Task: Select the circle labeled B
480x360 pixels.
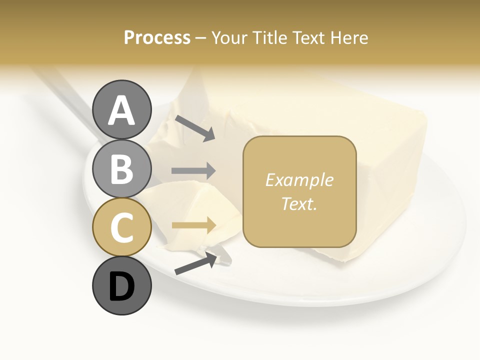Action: [121, 168]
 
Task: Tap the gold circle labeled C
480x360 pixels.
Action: [121, 227]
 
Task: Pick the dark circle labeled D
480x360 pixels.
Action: [121, 286]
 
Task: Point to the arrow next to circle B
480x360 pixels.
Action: [193, 171]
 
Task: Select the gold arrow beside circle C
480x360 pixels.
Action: [193, 225]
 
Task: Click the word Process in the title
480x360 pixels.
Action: [157, 38]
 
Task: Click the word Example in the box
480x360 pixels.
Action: [299, 180]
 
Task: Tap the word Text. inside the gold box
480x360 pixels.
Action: [299, 203]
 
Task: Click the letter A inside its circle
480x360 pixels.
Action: [121, 110]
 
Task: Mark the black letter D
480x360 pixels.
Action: [121, 287]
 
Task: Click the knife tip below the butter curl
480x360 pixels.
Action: [224, 259]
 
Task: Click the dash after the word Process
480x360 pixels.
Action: [201, 38]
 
